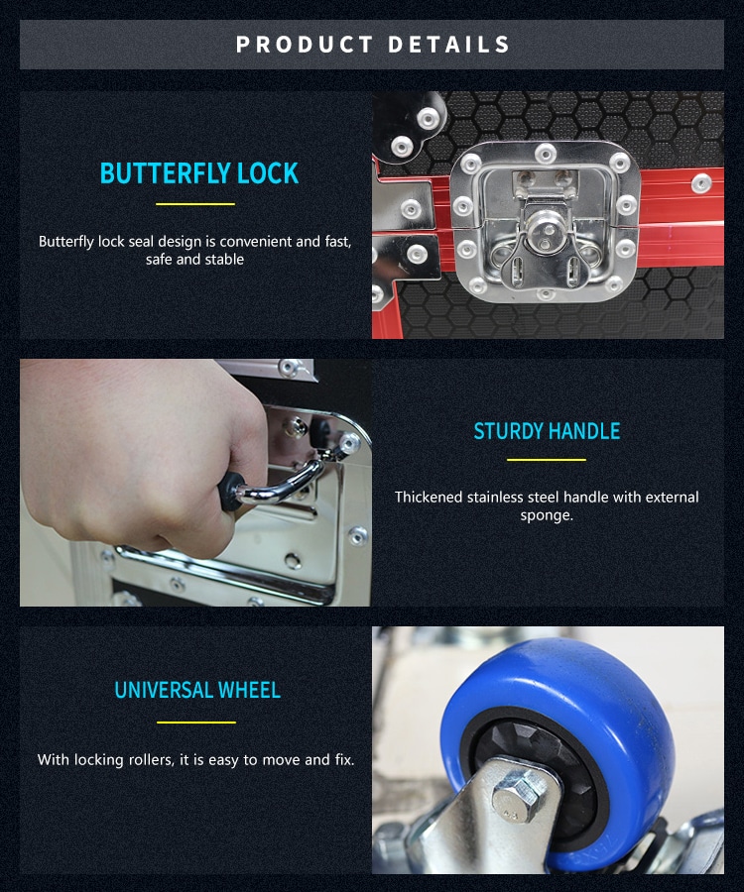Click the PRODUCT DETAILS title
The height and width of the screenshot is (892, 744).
coord(372,45)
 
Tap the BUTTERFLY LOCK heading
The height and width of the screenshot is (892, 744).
coord(199,173)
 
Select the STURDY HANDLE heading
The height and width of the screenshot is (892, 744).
coord(547,431)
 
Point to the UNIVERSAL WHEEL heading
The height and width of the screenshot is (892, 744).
coord(197,690)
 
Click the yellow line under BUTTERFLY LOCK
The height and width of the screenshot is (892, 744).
coord(195,203)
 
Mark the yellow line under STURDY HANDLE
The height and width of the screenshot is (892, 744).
coord(547,459)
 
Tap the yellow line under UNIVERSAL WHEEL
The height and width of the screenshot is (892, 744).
coord(196,722)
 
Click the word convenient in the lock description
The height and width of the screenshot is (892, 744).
coord(256,242)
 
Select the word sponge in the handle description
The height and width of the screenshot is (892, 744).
coord(545,516)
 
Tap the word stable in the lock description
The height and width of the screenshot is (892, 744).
coord(228,260)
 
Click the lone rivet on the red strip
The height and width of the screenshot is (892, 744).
coord(701,183)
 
